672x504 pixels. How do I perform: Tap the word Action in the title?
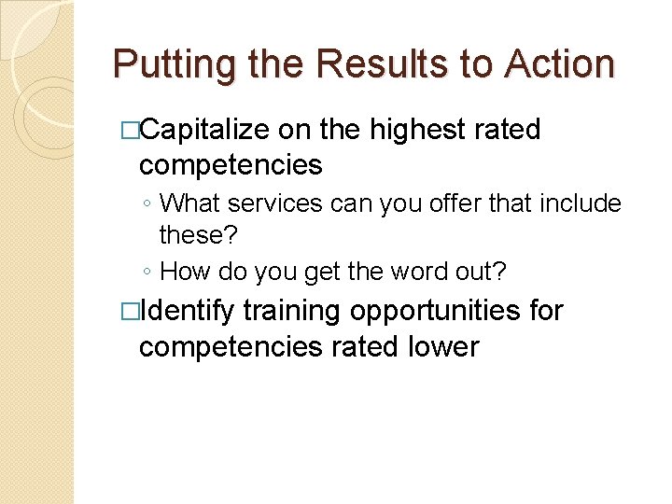(559, 64)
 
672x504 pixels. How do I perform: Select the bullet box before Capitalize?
(130, 131)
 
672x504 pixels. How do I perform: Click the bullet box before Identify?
(130, 311)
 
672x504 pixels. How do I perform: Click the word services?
(274, 202)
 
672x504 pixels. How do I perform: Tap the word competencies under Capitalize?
(231, 166)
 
